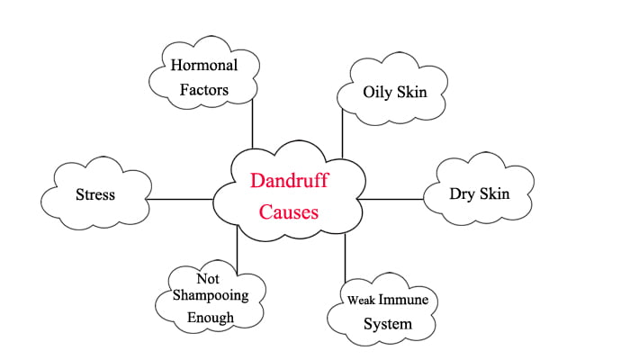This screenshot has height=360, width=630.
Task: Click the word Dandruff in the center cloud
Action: click(289, 181)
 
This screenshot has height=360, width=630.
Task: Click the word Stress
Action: click(94, 193)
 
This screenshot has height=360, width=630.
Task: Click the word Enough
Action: click(211, 318)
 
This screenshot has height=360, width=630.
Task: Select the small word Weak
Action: click(364, 301)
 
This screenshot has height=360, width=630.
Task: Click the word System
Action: click(387, 323)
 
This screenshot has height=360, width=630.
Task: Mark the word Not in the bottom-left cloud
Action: click(208, 279)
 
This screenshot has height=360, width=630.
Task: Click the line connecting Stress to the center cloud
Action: click(179, 199)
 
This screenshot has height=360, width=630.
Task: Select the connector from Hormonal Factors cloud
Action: click(253, 122)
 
